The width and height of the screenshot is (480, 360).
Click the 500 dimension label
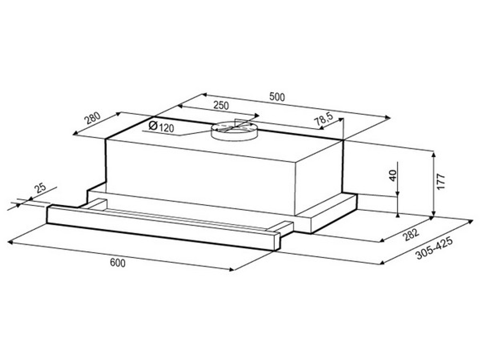coord(277,97)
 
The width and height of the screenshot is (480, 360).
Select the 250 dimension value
coord(221,105)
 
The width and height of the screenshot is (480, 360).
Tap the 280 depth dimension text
coord(93,118)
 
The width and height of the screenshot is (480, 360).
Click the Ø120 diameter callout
coord(161,126)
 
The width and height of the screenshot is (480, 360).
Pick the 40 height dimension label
coord(393,175)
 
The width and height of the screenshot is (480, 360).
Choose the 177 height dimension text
coord(441,181)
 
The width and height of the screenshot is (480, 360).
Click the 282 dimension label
coord(410,235)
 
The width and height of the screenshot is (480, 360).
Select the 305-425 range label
coord(434,249)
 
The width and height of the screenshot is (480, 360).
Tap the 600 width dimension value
coord(118,263)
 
